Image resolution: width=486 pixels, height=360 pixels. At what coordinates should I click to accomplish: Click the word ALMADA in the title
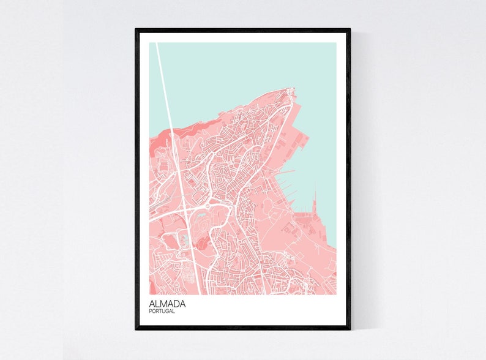click(x=167, y=303)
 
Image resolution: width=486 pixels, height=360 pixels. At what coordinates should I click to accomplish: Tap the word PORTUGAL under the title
click(x=162, y=312)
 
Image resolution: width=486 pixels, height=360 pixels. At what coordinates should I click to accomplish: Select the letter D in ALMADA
click(x=178, y=303)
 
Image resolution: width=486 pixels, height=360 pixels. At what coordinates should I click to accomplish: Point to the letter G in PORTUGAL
click(x=170, y=312)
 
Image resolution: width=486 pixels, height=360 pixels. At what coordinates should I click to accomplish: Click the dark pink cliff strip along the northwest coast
click(x=190, y=129)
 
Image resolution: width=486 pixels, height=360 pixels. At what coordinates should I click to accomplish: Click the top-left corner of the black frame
click(x=136, y=29)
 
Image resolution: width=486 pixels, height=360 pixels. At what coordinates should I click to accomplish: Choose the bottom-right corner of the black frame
click(x=350, y=329)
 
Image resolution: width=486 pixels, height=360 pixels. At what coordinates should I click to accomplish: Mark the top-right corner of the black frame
click(x=350, y=29)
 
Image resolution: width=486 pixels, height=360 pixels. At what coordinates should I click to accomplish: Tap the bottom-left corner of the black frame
click(x=136, y=329)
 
